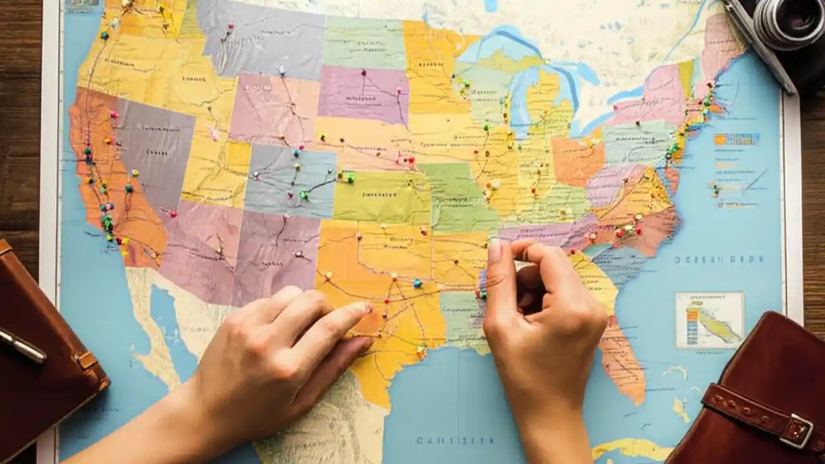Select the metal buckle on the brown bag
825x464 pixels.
[799, 430]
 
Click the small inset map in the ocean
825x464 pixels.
[710, 320]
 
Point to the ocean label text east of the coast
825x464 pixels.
[718, 259]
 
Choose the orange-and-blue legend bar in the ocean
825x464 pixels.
[736, 139]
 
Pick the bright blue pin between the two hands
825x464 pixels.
[417, 283]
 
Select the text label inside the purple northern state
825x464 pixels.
[361, 98]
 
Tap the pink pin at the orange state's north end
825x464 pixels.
[114, 115]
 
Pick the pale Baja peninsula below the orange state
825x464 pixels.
[155, 335]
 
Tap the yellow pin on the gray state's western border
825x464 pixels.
[135, 173]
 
